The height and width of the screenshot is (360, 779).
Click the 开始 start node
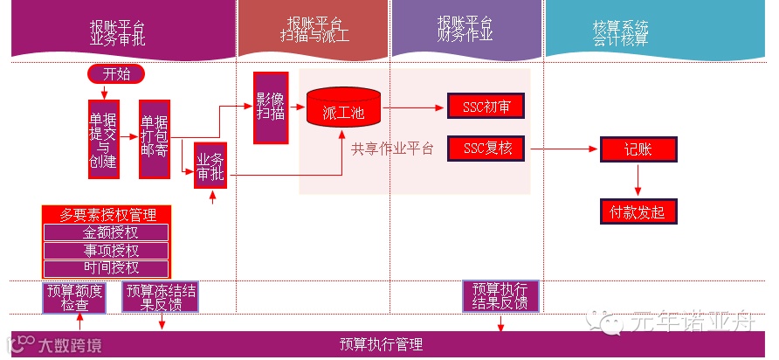(115, 74)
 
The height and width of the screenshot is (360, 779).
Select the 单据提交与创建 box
(103, 140)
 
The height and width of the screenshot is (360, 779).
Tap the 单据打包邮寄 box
(155, 140)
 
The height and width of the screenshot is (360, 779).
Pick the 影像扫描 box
(271, 107)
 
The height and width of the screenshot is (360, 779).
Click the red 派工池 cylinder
(343, 108)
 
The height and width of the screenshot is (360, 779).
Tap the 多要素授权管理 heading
(106, 214)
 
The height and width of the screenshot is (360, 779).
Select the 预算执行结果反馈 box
(500, 296)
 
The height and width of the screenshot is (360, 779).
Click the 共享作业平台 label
(392, 149)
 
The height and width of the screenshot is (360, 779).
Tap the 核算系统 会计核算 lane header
(620, 32)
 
